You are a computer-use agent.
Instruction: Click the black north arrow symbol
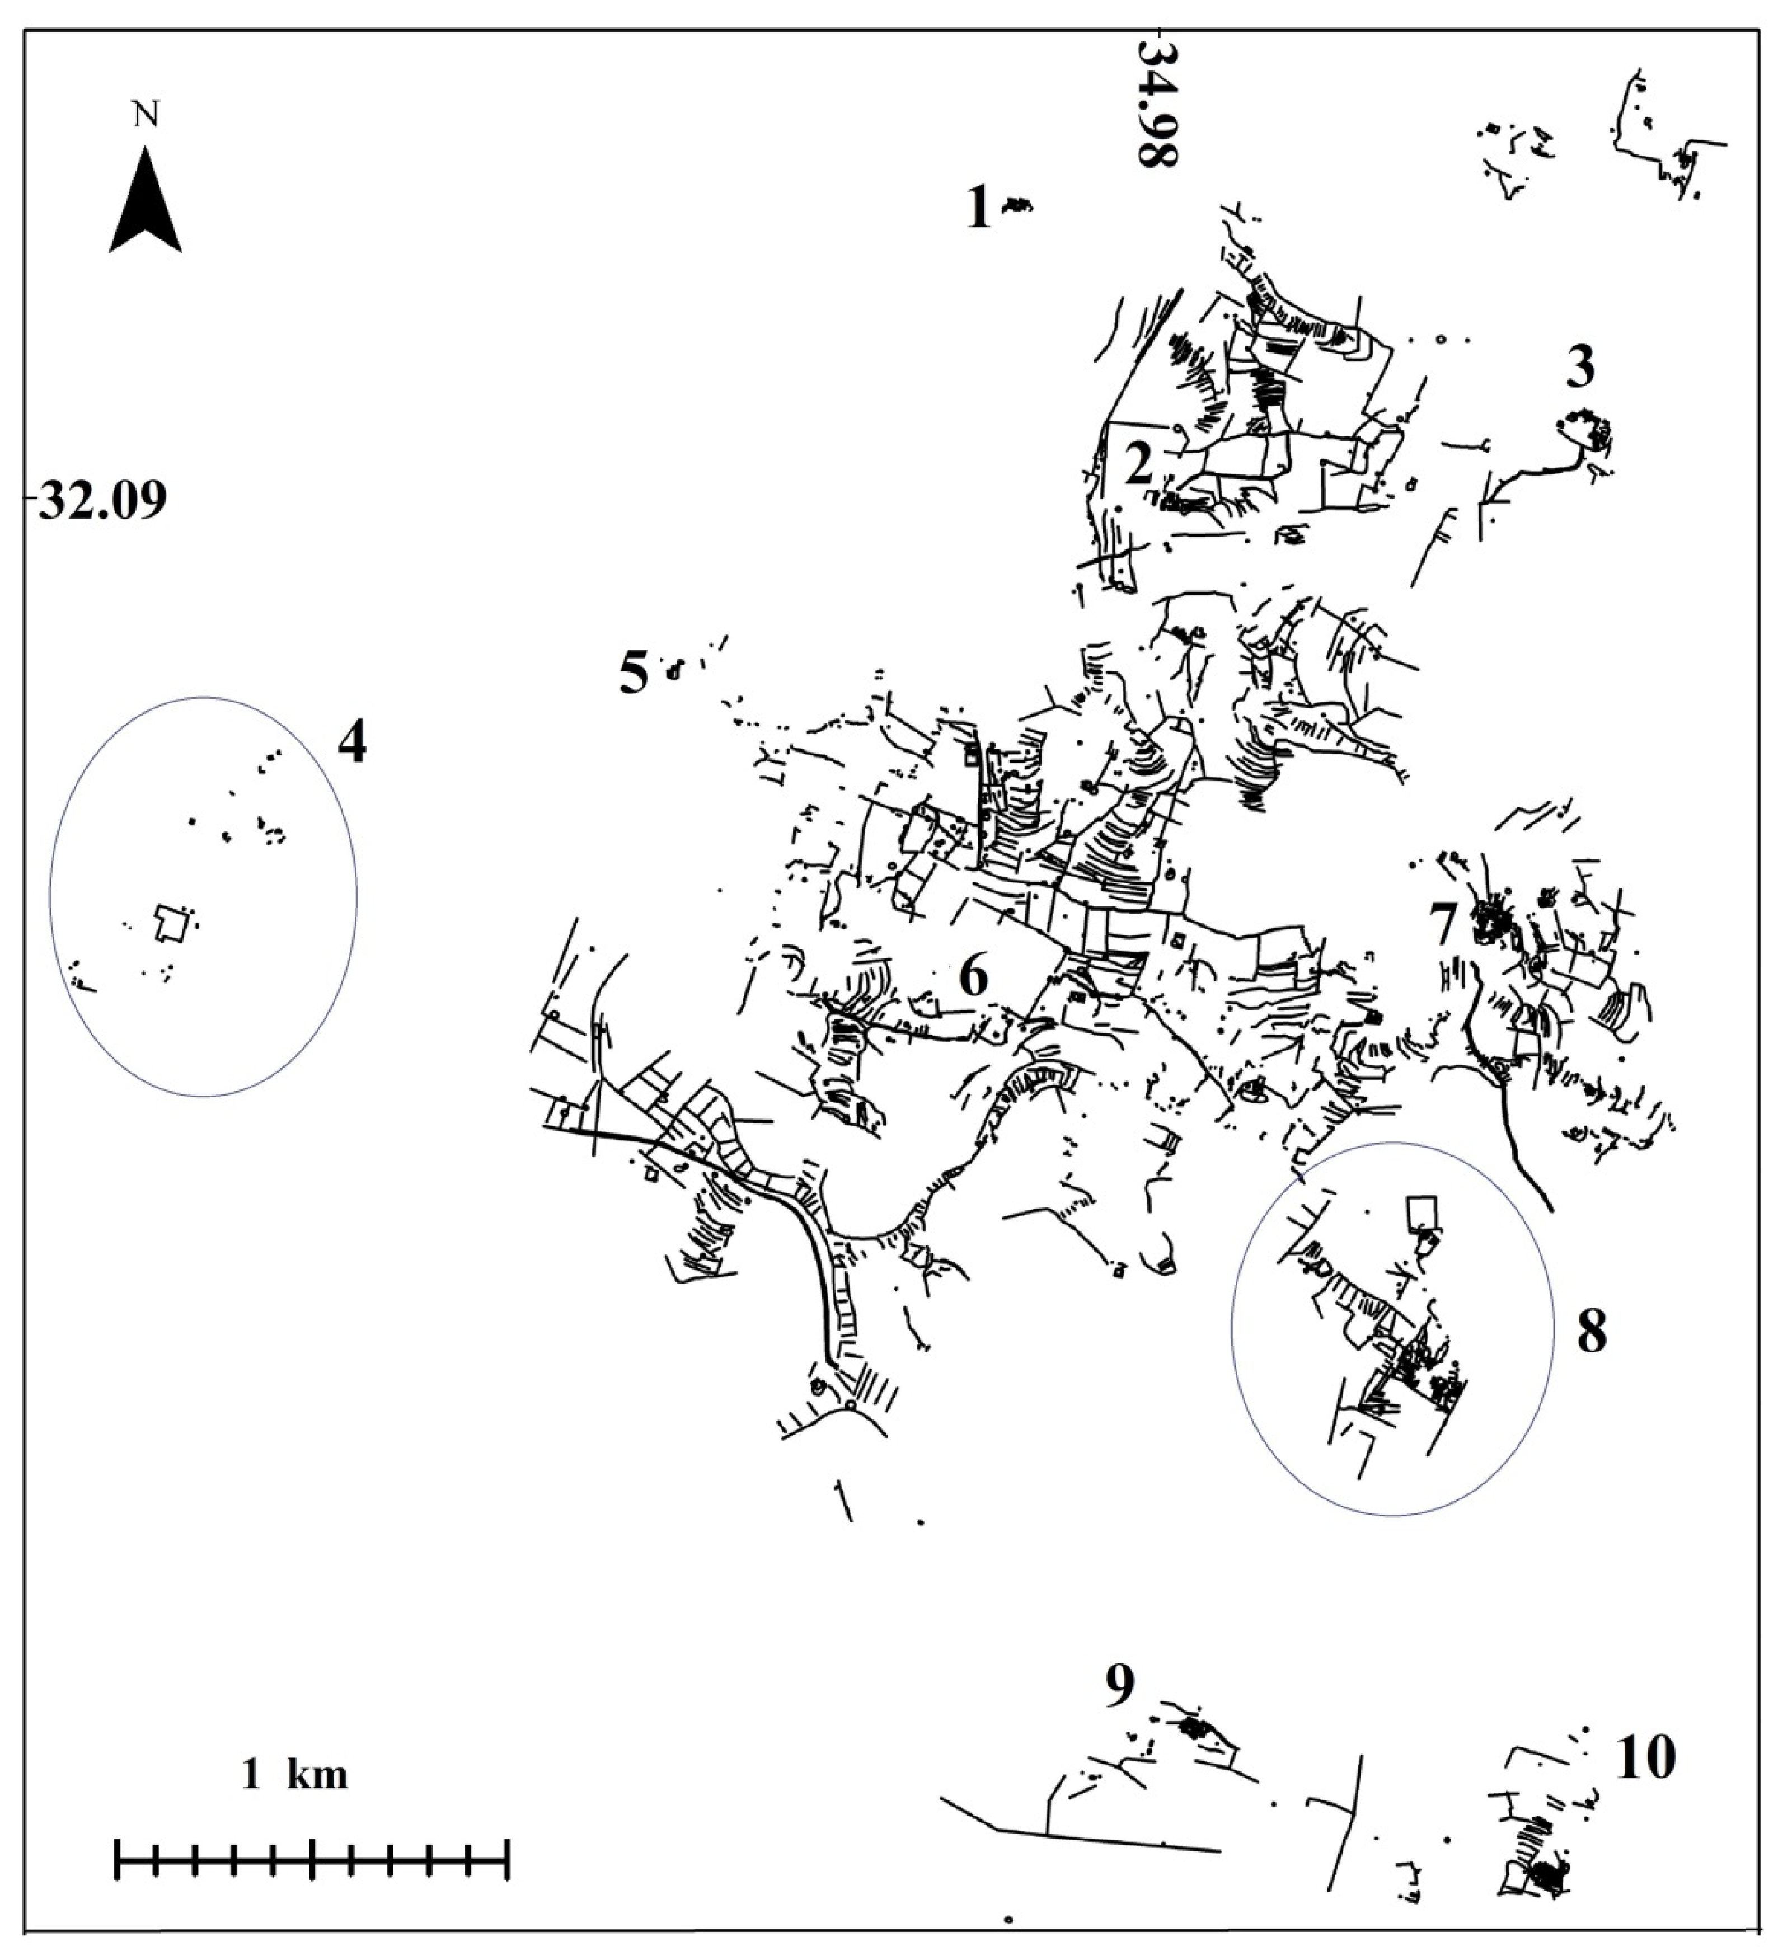[x=145, y=203]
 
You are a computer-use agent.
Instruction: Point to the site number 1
[x=979, y=208]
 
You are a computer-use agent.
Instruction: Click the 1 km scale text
[x=294, y=1774]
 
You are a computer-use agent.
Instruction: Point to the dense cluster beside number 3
[x=1587, y=429]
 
